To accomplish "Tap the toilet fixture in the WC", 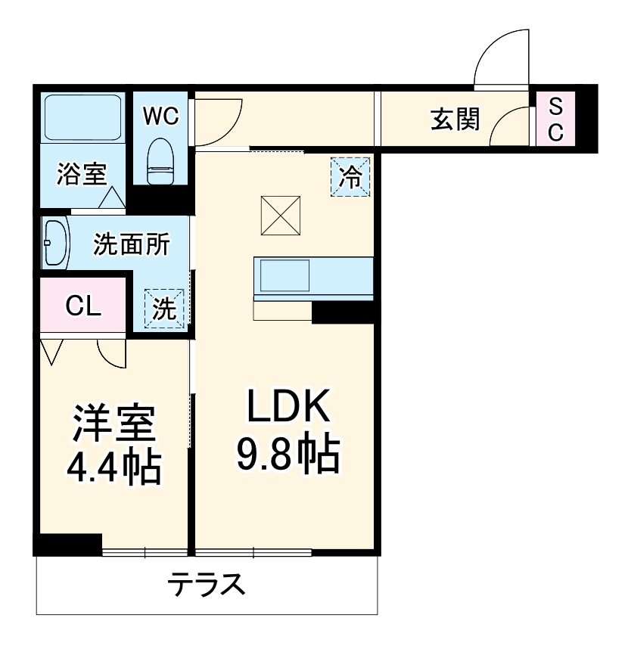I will pos(160,161).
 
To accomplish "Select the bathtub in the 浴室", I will pos(82,117).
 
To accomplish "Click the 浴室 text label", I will pos(81,175).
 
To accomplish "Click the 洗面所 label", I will pos(131,244).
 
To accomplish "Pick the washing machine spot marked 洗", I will pos(164,309).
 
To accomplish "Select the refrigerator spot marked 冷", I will pos(350,176).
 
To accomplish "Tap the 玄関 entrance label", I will pos(455,119).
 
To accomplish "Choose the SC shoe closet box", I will pos(555,119).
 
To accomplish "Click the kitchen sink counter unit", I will pos(312,278).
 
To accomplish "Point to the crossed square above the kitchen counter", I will pos(281,214).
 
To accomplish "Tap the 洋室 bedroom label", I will pos(113,425).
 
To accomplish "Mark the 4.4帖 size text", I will pos(113,467).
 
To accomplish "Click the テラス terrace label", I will pos(207,585).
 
